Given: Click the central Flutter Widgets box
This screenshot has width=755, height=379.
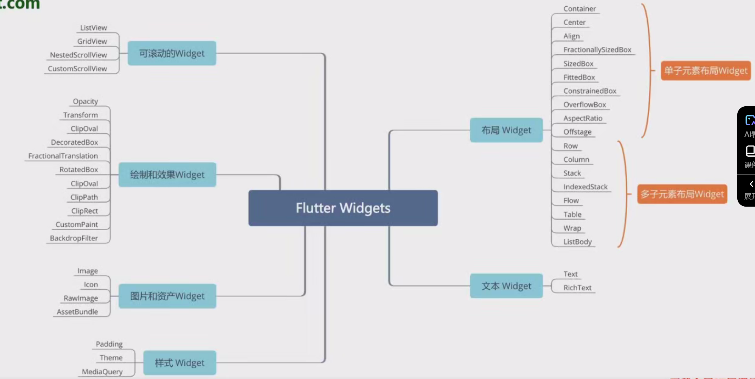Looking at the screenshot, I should coord(343,208).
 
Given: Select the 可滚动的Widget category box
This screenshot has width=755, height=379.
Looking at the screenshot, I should coord(172,53).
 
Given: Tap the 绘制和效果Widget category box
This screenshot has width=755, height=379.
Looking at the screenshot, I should coord(167,174).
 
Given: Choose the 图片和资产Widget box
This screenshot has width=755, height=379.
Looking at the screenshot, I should coord(167,296).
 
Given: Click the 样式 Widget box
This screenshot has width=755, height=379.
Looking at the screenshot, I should coord(179,362).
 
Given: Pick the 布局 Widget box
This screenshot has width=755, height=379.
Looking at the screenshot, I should coord(506,130).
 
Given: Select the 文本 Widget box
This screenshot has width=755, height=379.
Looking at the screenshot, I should coord(506,286).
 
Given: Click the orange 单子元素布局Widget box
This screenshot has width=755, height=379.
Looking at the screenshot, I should coord(705,71).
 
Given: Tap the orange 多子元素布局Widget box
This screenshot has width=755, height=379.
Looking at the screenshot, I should coord(682,194).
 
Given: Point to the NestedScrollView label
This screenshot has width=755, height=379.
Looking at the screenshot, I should coord(78,55).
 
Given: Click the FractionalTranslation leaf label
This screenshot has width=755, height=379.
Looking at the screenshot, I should coord(63,156).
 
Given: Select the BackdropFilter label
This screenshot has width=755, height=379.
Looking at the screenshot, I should coord(74,238).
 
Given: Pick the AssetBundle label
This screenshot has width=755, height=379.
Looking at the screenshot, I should coord(77,312).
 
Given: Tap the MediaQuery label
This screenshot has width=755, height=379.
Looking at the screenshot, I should coord(102,372).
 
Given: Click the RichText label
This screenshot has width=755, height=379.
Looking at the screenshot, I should coord(577,288).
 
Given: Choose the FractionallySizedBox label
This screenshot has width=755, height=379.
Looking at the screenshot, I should coord(597,50).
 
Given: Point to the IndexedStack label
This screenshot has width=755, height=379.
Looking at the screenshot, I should coord(585,187).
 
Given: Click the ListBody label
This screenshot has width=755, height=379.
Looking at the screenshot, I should coord(577,242).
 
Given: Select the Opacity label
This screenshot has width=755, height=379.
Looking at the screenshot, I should coord(85,101).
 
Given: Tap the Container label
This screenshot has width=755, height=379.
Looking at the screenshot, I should coord(579,9).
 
